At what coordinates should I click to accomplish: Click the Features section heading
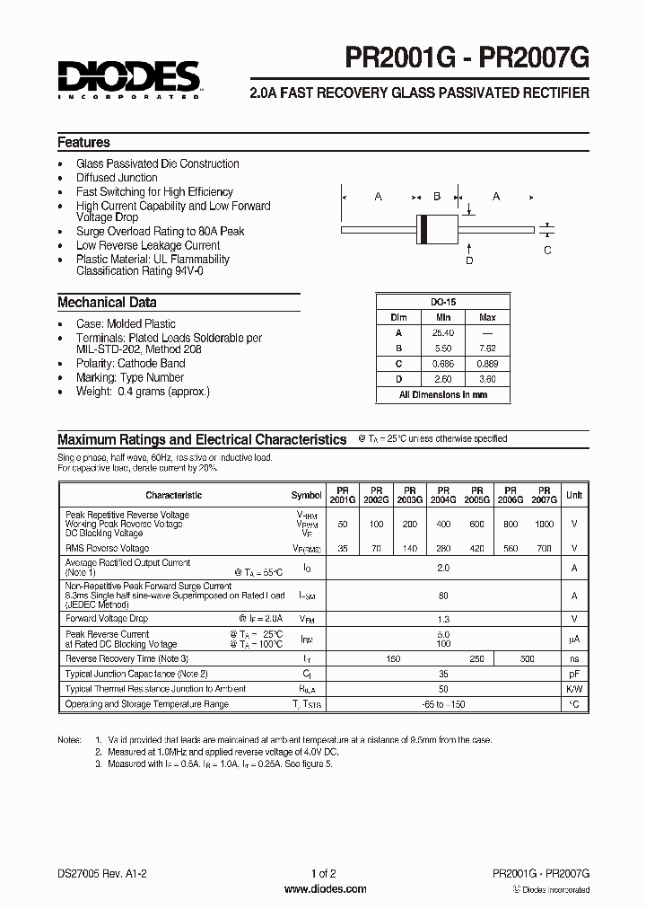(83, 142)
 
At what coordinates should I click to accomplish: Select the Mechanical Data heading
(107, 303)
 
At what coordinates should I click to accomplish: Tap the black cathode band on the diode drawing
(423, 230)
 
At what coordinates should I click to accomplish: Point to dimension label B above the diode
(437, 197)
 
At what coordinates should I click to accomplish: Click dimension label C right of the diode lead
(548, 250)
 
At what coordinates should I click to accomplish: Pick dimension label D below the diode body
(468, 260)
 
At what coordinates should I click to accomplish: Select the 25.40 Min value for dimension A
(443, 332)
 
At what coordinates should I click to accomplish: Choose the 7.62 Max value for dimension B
(487, 348)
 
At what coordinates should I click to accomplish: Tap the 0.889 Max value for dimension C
(487, 364)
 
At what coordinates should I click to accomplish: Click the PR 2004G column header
(442, 495)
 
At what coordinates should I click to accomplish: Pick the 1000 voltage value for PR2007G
(544, 524)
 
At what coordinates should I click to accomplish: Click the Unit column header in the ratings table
(574, 495)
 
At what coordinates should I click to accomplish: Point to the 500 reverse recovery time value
(527, 658)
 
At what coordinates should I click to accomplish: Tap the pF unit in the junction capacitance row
(574, 674)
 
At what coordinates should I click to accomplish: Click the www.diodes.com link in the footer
(325, 889)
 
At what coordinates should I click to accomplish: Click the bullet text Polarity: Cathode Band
(131, 364)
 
